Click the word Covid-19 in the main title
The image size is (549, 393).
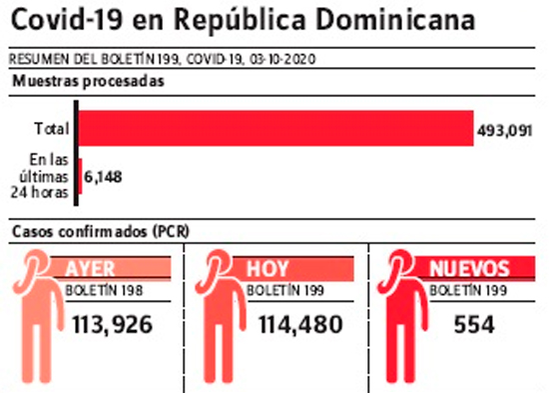tap(67, 19)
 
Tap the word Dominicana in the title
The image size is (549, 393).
tap(395, 19)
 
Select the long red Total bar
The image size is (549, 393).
tap(275, 128)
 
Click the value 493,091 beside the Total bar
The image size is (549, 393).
tap(504, 131)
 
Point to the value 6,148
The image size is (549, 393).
tap(103, 177)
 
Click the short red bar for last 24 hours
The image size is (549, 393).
tap(80, 176)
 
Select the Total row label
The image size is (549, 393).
tap(52, 128)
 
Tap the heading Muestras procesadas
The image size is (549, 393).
tap(88, 81)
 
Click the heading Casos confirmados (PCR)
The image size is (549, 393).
tap(101, 232)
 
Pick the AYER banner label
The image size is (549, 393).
tap(90, 269)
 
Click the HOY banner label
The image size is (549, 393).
tap(268, 269)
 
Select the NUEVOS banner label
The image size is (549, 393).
tap(469, 269)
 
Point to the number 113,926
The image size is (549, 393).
tap(113, 325)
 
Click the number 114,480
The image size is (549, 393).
tap(300, 325)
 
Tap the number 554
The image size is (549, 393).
tap(474, 325)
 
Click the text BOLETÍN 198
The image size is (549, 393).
tap(105, 291)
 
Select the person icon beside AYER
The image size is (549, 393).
tap(39, 316)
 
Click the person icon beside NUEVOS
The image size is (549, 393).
tap(402, 316)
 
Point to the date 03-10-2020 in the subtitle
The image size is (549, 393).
tap(282, 59)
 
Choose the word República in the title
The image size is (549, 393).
tap(240, 20)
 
